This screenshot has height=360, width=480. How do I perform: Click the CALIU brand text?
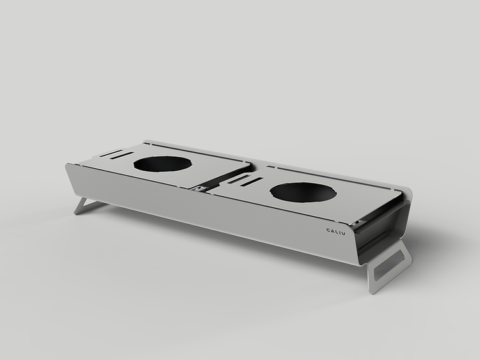[335, 231]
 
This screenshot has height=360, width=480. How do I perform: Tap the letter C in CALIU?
[328, 230]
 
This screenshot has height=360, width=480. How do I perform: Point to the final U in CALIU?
[343, 233]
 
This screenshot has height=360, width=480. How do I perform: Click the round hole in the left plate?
[163, 164]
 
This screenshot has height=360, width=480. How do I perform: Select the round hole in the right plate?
[303, 192]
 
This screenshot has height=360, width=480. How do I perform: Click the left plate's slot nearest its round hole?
[122, 155]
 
